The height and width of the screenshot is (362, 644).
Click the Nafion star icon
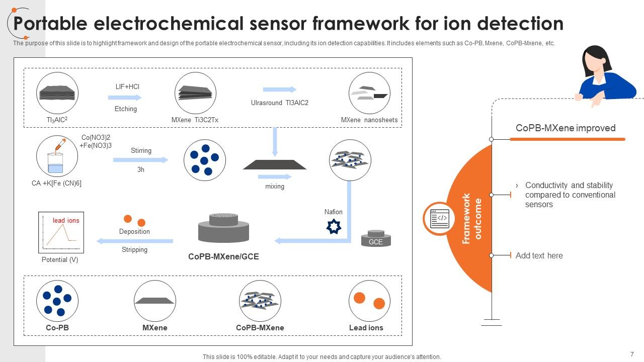(x=334, y=226)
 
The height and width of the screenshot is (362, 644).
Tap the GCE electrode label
(x=376, y=242)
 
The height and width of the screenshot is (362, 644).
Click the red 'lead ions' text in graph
(x=66, y=220)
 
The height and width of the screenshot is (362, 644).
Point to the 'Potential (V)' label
(x=60, y=259)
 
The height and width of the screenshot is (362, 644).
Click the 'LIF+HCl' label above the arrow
(x=127, y=86)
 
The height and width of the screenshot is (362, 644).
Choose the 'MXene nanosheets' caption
(x=369, y=120)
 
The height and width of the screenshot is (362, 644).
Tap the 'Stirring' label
(x=141, y=150)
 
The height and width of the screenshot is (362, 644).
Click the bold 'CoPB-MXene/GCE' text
(x=223, y=256)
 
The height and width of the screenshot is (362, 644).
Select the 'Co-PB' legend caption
(x=57, y=327)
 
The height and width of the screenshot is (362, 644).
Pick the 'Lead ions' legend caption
(x=366, y=327)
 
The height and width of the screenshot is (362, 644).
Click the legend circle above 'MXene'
(x=154, y=301)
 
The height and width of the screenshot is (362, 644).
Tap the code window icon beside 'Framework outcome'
(x=439, y=219)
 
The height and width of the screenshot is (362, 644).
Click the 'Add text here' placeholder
(x=539, y=255)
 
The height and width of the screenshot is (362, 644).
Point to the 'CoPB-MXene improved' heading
(x=566, y=128)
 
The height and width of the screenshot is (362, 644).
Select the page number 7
(x=631, y=354)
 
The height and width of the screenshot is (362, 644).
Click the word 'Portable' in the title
(x=51, y=23)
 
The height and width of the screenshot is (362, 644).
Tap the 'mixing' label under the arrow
(x=275, y=186)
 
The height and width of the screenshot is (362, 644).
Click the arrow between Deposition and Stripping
(x=134, y=241)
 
